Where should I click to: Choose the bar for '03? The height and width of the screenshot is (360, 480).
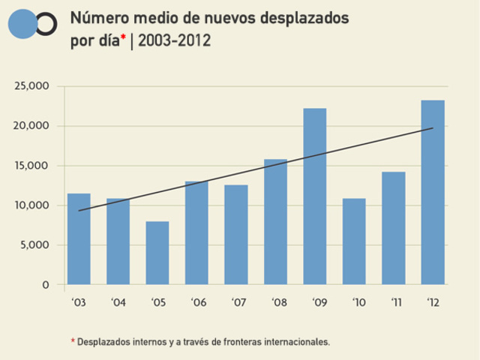tap(79, 239)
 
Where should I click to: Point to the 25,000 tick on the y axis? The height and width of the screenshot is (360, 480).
tap(32, 86)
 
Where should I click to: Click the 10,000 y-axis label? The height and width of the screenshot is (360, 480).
tap(32, 205)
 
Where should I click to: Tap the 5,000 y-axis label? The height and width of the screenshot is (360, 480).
tap(34, 245)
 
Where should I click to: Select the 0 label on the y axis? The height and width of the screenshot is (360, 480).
tap(46, 285)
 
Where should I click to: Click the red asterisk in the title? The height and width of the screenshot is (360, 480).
tap(123, 37)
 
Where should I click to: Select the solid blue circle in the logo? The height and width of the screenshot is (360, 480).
tap(22, 24)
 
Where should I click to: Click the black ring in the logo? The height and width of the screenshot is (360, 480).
tap(46, 24)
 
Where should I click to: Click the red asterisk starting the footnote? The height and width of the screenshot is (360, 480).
tap(73, 340)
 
